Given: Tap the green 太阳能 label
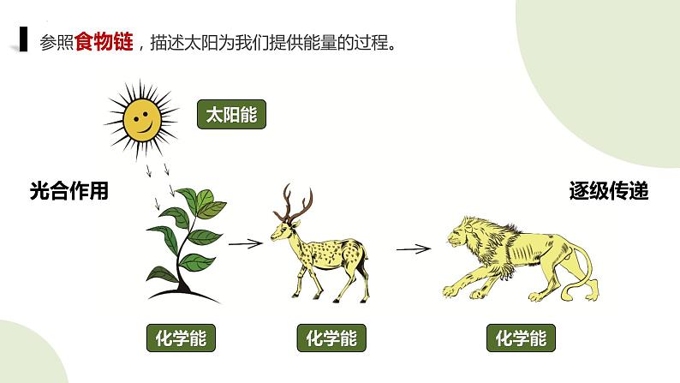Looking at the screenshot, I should pos(231,114).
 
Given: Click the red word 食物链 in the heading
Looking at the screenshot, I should pos(104,43).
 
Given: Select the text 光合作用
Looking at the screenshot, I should pos(69,192).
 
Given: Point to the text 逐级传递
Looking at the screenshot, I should pos(609,192).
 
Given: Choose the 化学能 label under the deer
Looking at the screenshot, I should pos(331,338).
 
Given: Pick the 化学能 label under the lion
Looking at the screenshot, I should pos(520,338).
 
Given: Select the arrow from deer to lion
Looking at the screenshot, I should pos(413,249).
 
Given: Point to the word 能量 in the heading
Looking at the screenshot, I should pos(326,43).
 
